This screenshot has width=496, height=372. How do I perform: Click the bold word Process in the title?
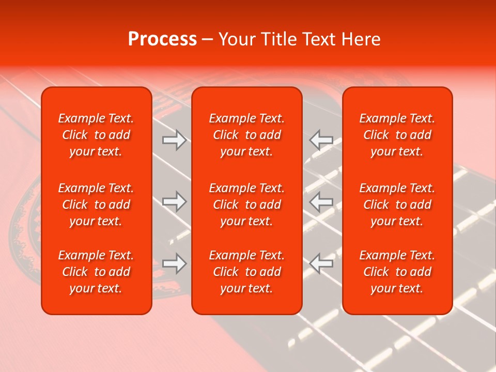point(162,39)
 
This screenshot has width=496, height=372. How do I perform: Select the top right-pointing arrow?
point(174,140)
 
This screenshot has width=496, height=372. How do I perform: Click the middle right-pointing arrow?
point(174,202)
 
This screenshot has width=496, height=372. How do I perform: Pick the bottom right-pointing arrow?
point(174,263)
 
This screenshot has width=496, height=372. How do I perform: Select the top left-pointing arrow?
point(321,140)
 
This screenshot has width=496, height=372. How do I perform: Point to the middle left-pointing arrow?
point(321,202)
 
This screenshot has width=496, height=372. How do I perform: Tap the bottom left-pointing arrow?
point(321,263)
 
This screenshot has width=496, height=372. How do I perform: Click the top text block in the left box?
point(96,135)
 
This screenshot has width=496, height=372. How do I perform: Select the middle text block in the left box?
point(96,205)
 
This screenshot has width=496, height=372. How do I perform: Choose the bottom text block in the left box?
point(96,272)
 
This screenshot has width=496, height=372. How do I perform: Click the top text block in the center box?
point(246,135)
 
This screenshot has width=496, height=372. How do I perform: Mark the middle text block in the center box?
point(246,205)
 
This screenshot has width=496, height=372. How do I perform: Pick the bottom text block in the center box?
point(246,272)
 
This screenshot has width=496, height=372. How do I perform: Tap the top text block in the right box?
point(397,135)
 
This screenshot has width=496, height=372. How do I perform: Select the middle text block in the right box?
point(397,205)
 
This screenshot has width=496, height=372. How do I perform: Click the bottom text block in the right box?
point(397,272)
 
